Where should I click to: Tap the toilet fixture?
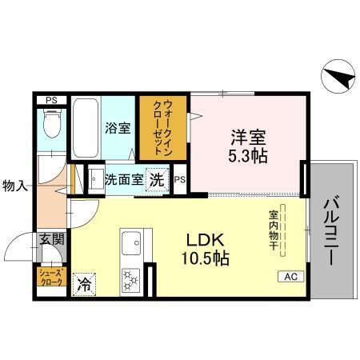tap(52, 124)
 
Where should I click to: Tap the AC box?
tap(290, 276)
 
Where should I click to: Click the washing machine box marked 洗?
tap(158, 179)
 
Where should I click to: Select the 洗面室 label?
tap(124, 179)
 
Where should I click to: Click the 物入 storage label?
tap(16, 186)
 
